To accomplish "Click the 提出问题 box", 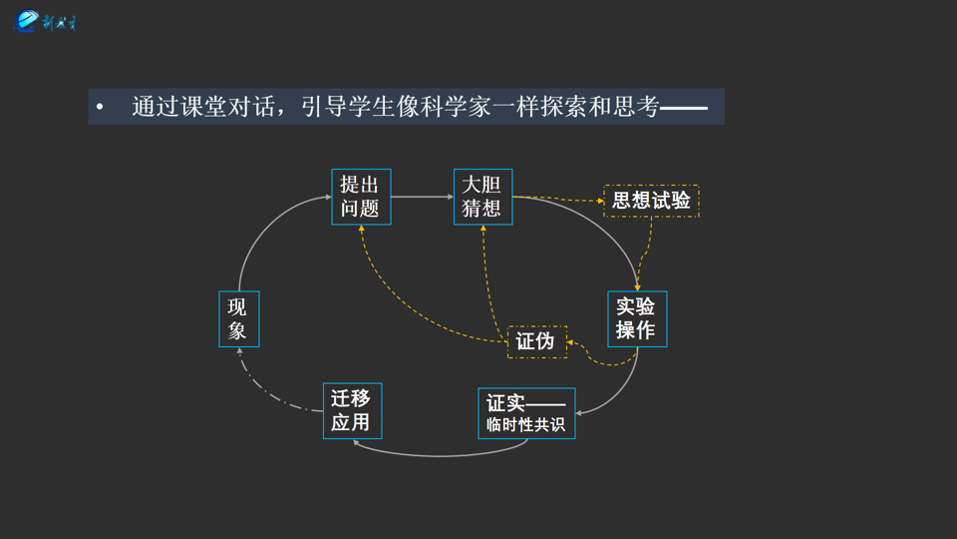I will (x=361, y=197).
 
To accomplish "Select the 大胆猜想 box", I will (x=482, y=197).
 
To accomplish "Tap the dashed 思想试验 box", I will (x=651, y=201).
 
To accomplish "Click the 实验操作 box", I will (x=637, y=318).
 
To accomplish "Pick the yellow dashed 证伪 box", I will (x=536, y=341).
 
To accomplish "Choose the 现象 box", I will (x=238, y=318).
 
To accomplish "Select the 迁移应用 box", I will (x=352, y=410).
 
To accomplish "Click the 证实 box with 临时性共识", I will (x=526, y=412).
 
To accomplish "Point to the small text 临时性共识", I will (x=526, y=425).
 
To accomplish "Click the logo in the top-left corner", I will (x=45, y=21).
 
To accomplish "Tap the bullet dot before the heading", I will (x=100, y=107).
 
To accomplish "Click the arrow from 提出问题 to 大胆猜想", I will (x=422, y=197).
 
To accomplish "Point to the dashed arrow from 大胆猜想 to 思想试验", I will (x=558, y=200).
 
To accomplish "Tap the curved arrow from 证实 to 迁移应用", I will (x=439, y=455).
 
